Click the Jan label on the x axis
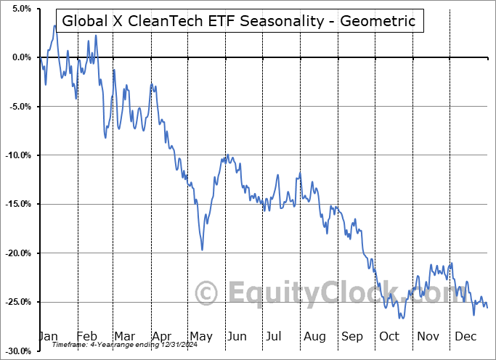coord(47,336)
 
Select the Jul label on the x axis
coord(275,336)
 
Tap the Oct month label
coord(390,336)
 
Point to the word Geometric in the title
coord(377,20)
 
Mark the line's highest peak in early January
coord(54,26)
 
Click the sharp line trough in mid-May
coord(202,249)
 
